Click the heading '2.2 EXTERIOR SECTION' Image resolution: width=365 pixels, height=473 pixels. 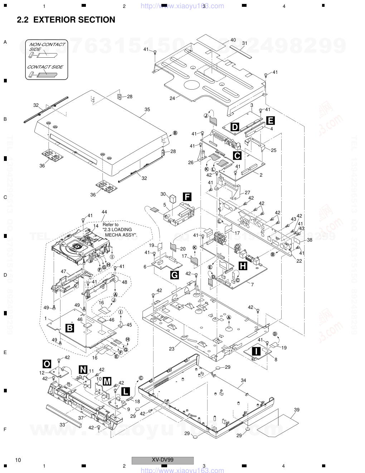[x=66, y=20]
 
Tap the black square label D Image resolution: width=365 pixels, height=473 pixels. [x=235, y=127]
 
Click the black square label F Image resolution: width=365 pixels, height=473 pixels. [x=187, y=196]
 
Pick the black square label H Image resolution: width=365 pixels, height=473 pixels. [x=243, y=266]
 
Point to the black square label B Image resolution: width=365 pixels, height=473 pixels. [x=70, y=328]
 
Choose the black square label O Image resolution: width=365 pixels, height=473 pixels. [x=47, y=364]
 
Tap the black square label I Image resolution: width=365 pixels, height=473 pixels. [x=256, y=351]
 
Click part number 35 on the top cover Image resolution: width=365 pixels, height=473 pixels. [x=147, y=110]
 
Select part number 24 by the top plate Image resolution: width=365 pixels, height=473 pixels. [x=172, y=98]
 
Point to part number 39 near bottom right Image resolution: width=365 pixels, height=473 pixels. [x=297, y=410]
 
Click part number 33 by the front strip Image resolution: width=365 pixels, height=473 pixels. [x=62, y=425]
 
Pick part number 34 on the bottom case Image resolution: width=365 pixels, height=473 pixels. [x=243, y=380]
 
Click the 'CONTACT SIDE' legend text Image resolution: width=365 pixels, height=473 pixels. [x=45, y=67]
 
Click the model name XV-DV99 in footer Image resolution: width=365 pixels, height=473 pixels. [x=163, y=460]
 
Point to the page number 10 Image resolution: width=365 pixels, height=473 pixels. [x=18, y=460]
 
